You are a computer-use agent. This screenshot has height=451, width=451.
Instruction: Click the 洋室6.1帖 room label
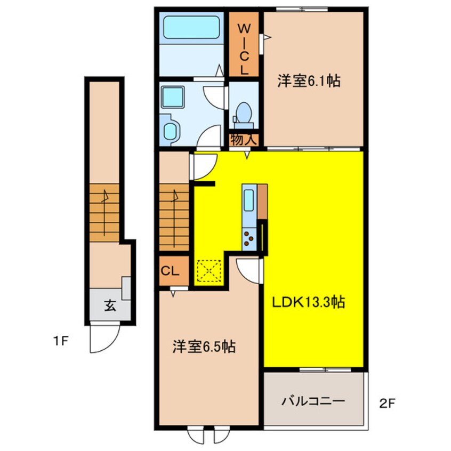(309, 82)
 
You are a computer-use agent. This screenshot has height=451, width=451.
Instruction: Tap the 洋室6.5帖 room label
(204, 347)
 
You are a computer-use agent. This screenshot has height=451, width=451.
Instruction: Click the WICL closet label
(243, 47)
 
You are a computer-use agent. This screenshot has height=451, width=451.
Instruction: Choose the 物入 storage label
(244, 140)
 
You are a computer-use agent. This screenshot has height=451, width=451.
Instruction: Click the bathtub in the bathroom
(191, 27)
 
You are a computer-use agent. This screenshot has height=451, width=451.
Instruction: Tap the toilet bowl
(244, 112)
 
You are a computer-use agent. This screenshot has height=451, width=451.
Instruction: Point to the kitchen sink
(249, 202)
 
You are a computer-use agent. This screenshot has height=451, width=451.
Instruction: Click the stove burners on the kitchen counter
(249, 237)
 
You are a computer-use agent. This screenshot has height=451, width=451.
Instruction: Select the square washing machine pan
(173, 97)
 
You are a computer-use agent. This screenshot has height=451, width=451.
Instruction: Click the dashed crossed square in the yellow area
(208, 271)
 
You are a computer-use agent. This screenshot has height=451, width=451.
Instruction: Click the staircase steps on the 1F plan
(104, 213)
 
